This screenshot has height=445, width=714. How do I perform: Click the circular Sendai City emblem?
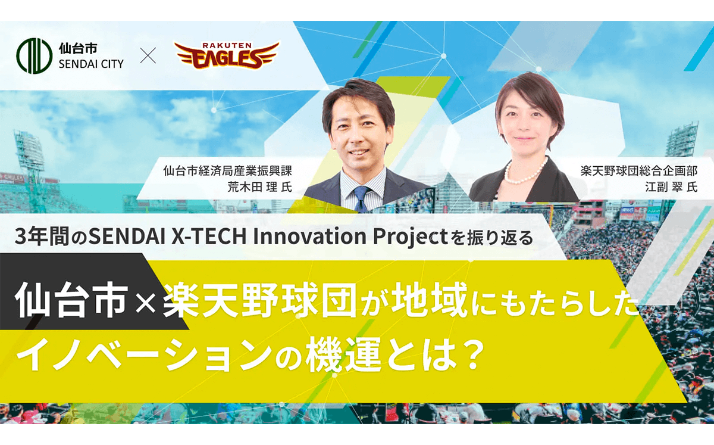pos(35,56)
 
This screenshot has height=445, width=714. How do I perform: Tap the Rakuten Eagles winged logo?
pos(227,55)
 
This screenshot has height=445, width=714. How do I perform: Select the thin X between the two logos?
pos(148,55)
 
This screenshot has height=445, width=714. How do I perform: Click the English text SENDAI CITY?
pos(91,64)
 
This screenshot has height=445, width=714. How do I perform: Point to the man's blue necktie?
pos(361,199)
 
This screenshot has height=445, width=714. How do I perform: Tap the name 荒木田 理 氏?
pos(259,187)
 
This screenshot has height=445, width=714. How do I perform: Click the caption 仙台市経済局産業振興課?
pos(227,171)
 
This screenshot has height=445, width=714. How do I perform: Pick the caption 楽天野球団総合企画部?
pos(639,171)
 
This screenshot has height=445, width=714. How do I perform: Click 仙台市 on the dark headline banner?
pos(71,300)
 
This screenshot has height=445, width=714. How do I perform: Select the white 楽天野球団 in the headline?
pos(259,300)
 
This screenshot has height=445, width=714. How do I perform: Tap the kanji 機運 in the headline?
pos(343,354)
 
